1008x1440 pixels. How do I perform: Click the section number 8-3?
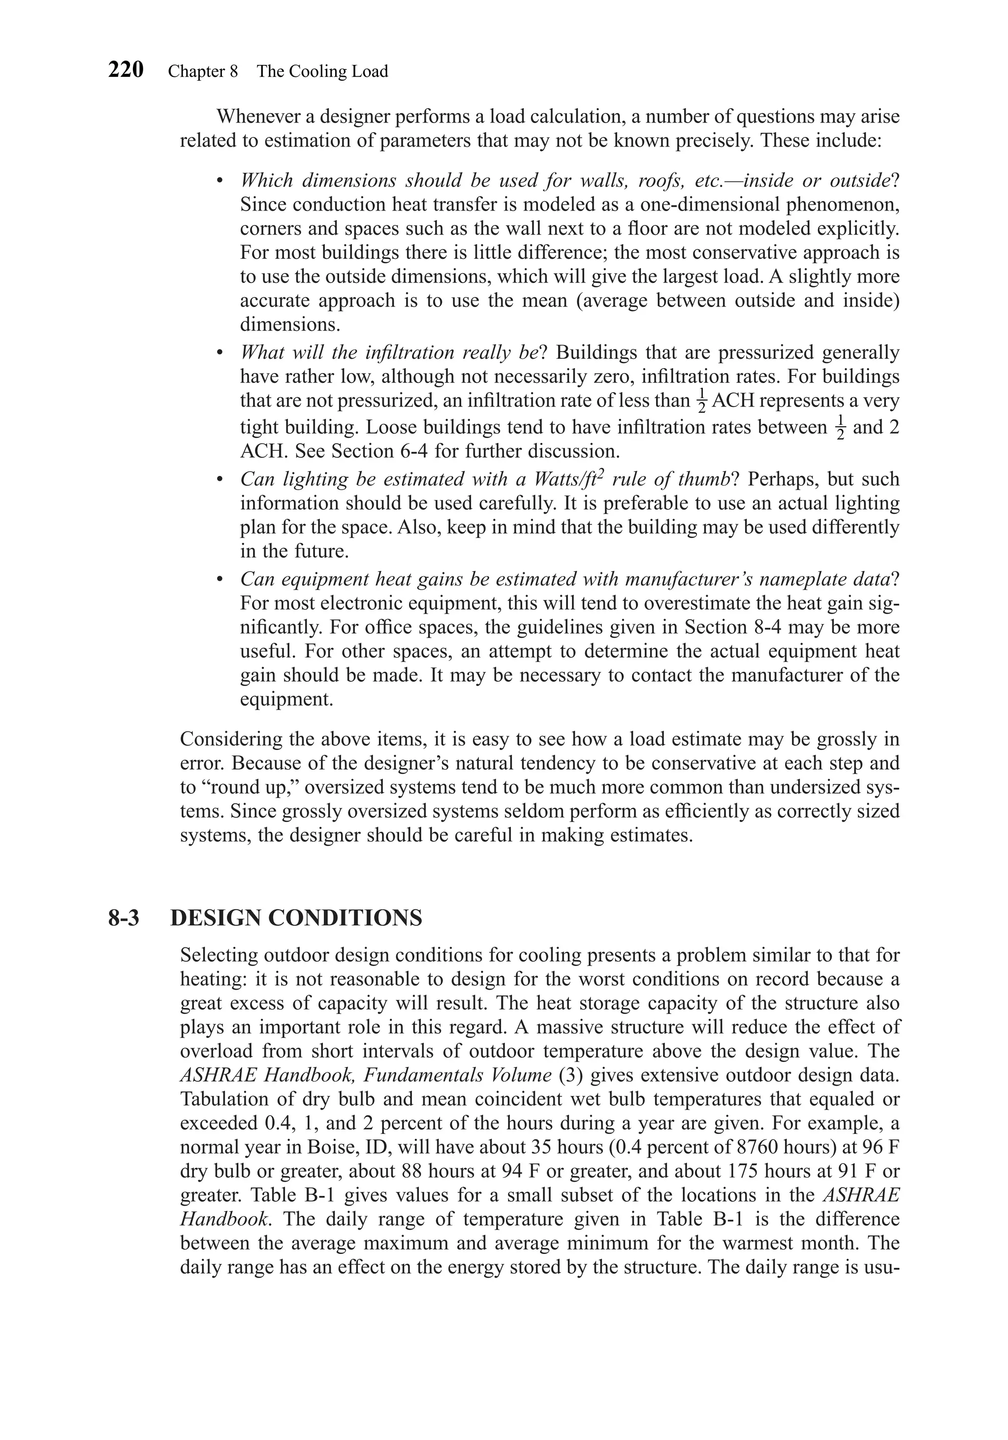[124, 918]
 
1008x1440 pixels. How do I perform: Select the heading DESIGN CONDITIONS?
[296, 918]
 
